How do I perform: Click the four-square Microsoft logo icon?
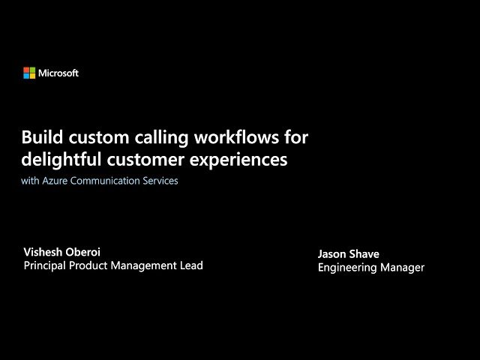pos(29,73)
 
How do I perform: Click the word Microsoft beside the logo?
pos(58,73)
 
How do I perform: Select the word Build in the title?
pos(41,138)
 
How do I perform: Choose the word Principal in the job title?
pos(46,265)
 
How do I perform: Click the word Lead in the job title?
pos(190,265)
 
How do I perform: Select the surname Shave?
pos(364,254)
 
